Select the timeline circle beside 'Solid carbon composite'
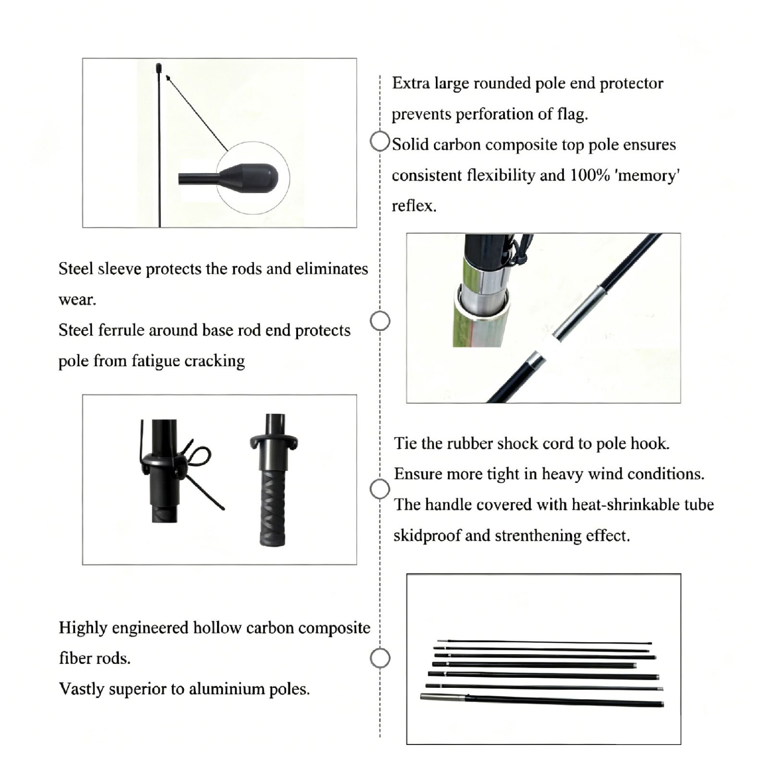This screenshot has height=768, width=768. coord(380,142)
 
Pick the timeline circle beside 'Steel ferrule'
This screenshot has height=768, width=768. coord(380,321)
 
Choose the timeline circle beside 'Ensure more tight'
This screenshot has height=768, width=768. coord(380,489)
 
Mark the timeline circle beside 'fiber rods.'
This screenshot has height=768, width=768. coord(380,658)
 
